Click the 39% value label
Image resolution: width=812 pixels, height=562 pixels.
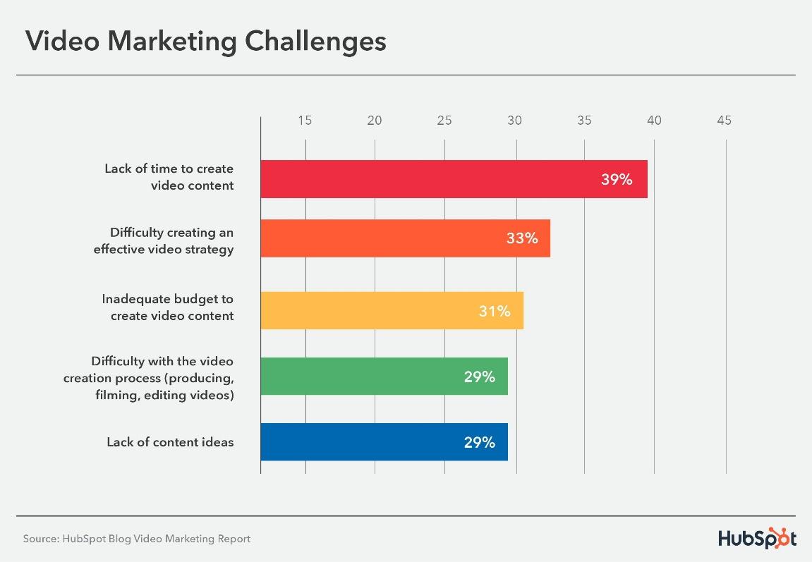617,180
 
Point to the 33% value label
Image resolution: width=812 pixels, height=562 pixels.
522,238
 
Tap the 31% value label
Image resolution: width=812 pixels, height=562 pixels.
495,311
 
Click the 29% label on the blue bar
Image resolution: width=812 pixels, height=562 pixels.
480,443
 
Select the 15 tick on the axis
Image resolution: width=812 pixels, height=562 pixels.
305,121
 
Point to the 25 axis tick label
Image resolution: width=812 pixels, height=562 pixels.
444,121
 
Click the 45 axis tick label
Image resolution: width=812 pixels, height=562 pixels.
724,121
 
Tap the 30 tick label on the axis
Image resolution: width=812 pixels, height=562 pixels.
514,121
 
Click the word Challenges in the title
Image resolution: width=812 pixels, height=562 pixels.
315,42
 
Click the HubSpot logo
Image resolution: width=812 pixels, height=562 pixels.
757,538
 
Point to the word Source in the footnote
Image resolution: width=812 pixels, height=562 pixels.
39,539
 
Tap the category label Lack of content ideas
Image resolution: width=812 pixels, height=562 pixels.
170,442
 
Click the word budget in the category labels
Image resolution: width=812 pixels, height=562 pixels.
189,299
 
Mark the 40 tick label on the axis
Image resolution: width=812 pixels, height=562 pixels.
654,121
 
